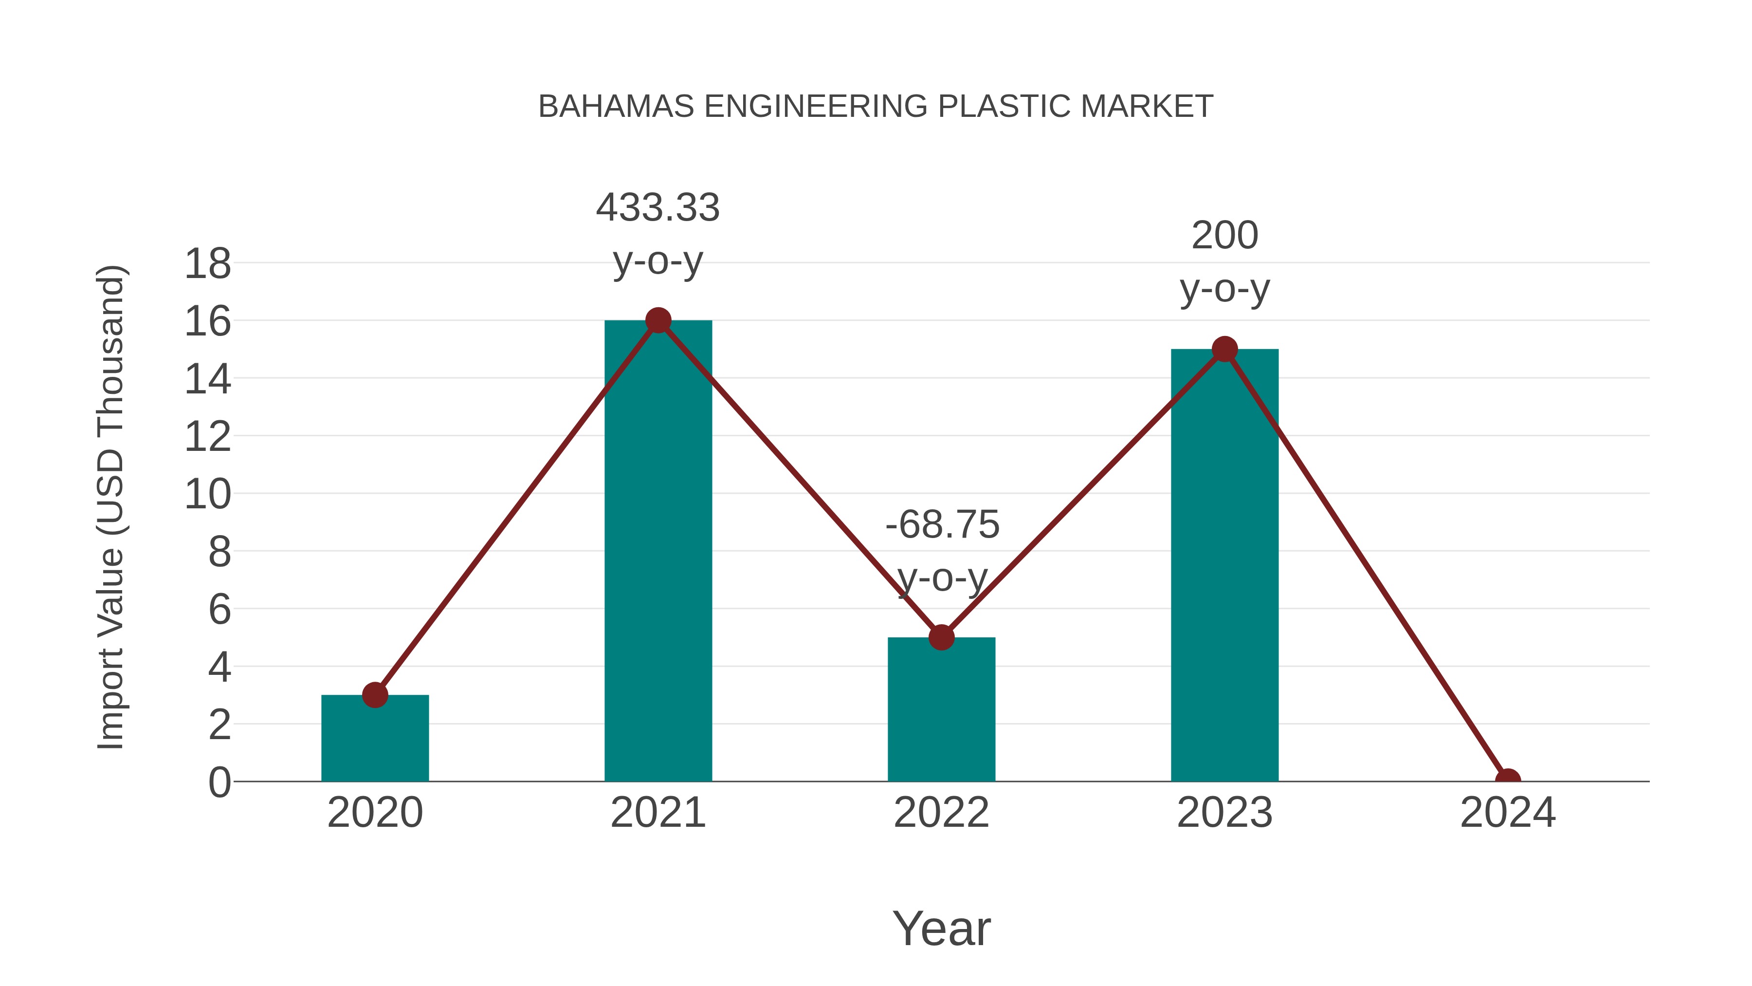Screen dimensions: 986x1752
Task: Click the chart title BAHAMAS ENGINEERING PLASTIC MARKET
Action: [876, 107]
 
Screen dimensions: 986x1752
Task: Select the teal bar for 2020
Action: [375, 742]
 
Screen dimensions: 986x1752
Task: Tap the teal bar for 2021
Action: [657, 551]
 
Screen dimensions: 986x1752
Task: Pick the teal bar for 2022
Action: [941, 711]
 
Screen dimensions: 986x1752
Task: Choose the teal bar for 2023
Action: [1224, 565]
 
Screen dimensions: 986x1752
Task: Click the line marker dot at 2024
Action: [1508, 780]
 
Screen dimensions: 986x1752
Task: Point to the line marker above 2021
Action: [657, 320]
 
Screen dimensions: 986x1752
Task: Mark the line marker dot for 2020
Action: [375, 695]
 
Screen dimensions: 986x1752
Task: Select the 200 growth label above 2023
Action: [1224, 236]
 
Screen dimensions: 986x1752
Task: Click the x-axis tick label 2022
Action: [941, 813]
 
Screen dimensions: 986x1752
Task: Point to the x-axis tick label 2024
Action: [1508, 813]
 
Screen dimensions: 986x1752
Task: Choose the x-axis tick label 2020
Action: [375, 813]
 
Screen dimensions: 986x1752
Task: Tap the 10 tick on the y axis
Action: [207, 495]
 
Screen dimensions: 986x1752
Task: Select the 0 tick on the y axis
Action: [219, 782]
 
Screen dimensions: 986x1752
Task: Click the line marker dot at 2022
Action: [941, 637]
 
